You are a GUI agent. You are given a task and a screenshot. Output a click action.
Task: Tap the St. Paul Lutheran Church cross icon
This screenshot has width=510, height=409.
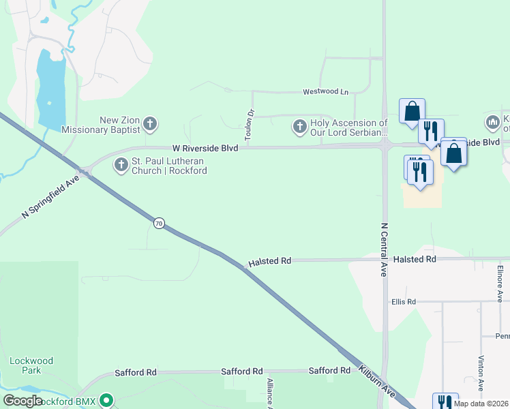point(121,164)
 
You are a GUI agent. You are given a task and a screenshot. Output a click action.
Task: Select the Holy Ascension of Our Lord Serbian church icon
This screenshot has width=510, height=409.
point(299,126)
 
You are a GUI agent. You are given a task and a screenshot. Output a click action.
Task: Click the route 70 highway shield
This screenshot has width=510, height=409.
point(159,224)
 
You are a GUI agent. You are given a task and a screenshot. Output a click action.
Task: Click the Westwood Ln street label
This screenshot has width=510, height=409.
point(325,91)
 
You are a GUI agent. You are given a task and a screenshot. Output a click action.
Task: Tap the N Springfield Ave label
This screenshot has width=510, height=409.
point(50,196)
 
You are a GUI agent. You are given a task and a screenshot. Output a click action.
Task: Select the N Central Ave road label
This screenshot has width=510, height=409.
point(384,249)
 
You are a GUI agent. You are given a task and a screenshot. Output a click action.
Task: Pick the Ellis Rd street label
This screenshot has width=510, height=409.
point(403,302)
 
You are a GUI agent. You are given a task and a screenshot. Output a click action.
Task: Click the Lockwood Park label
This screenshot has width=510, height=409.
point(31,365)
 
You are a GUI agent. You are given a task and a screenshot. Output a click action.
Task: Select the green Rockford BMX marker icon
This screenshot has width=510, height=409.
point(106,400)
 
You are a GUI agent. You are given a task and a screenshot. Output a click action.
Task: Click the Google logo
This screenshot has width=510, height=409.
point(22,401)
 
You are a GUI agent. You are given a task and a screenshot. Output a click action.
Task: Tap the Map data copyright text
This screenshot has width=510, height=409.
point(481,404)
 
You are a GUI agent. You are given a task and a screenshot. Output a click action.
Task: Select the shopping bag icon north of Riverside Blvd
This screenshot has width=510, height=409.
point(412,111)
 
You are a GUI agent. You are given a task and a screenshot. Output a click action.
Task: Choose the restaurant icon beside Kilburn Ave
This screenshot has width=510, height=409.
point(445,402)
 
